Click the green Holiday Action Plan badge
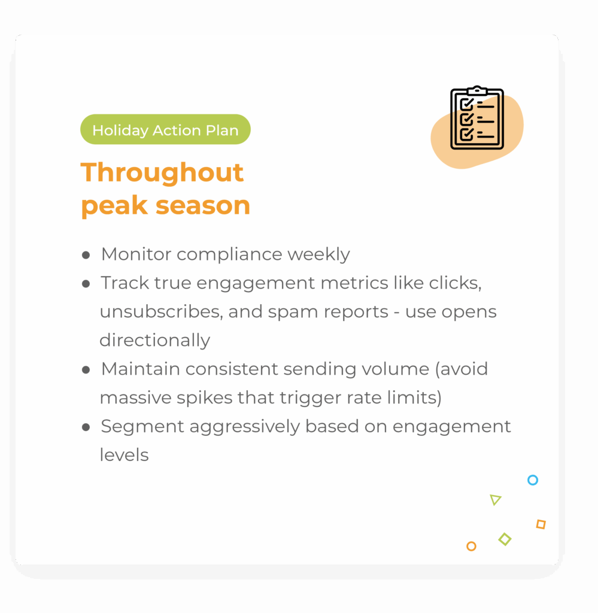pyautogui.click(x=165, y=129)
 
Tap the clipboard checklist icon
pyautogui.click(x=477, y=118)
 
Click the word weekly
pyautogui.click(x=318, y=254)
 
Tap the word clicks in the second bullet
pyautogui.click(x=456, y=283)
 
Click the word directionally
pyautogui.click(x=155, y=341)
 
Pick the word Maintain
pyautogui.click(x=140, y=369)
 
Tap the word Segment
pyautogui.click(x=142, y=426)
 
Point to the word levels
pyautogui.click(x=125, y=455)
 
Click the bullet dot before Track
pyautogui.click(x=86, y=284)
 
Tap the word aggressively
pyautogui.click(x=245, y=426)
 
